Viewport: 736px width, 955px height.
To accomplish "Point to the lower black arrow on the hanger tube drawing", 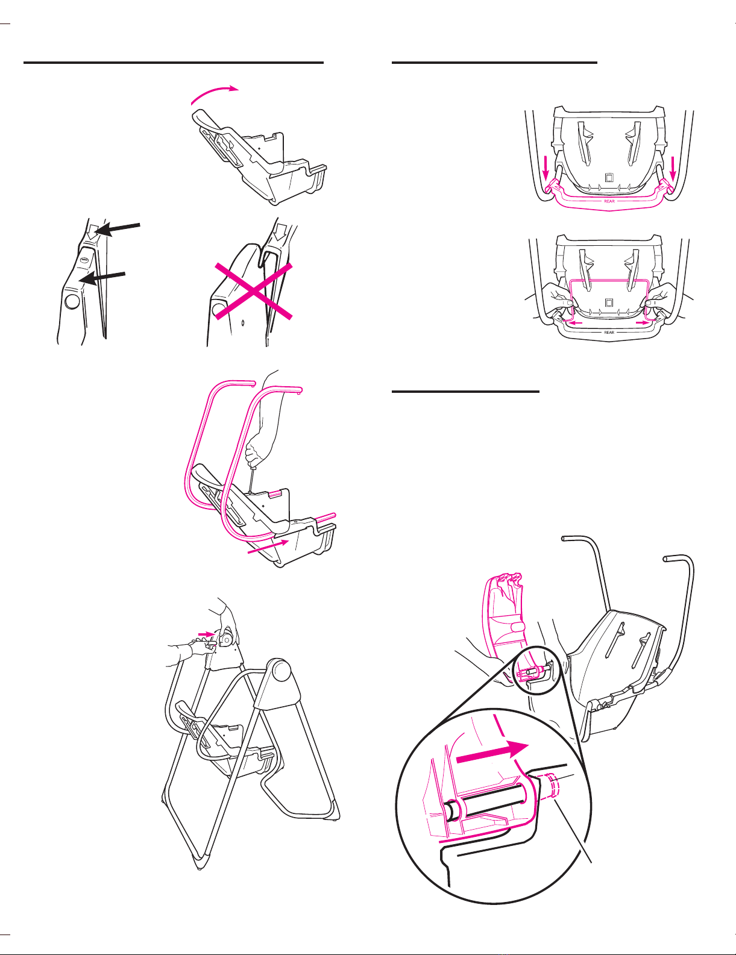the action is [x=104, y=278].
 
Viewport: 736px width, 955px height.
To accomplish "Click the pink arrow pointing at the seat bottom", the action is [x=268, y=546].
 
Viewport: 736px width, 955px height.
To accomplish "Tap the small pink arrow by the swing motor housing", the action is [x=205, y=634].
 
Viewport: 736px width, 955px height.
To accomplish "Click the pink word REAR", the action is [x=609, y=201].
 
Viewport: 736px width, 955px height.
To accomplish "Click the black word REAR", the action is [x=609, y=333].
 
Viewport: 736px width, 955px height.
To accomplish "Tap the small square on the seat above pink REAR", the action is [x=609, y=178].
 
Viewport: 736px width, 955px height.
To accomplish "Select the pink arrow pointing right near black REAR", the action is [x=643, y=322].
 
